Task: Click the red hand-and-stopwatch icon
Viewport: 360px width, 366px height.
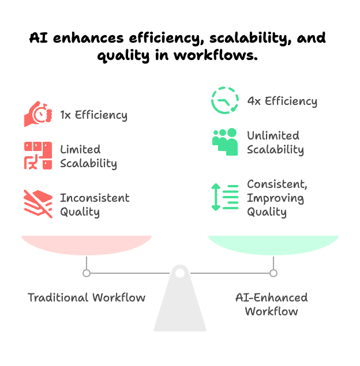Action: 38,114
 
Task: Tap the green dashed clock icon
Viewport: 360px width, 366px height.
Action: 225,100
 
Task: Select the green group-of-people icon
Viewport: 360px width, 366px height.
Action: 225,142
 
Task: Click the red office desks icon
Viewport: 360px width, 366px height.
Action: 38,156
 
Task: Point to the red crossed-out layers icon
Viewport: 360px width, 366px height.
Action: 38,204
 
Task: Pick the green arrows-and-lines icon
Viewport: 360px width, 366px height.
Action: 225,197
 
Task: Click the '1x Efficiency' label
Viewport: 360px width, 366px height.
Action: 93,115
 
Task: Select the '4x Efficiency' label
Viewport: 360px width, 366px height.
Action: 282,101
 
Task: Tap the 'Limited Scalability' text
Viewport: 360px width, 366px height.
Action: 88,156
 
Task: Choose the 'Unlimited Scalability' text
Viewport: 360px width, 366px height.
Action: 275,142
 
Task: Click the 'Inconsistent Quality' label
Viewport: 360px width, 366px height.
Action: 95,205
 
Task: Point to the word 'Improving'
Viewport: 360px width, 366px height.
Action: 275,198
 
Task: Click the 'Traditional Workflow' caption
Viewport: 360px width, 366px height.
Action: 87,297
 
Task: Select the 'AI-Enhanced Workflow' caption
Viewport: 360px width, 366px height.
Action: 272,304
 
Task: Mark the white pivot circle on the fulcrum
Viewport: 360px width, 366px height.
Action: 180,273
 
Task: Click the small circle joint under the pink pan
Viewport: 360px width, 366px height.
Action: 87,273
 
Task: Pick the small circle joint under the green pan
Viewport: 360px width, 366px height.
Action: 273,273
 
